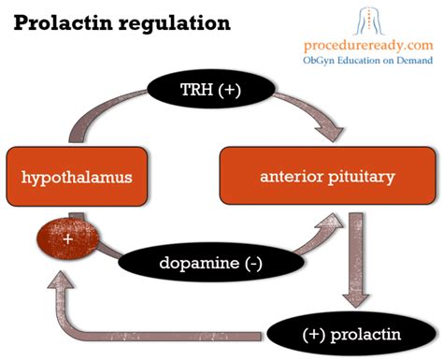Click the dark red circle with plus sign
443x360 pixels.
(65, 240)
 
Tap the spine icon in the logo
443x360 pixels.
(374, 18)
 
